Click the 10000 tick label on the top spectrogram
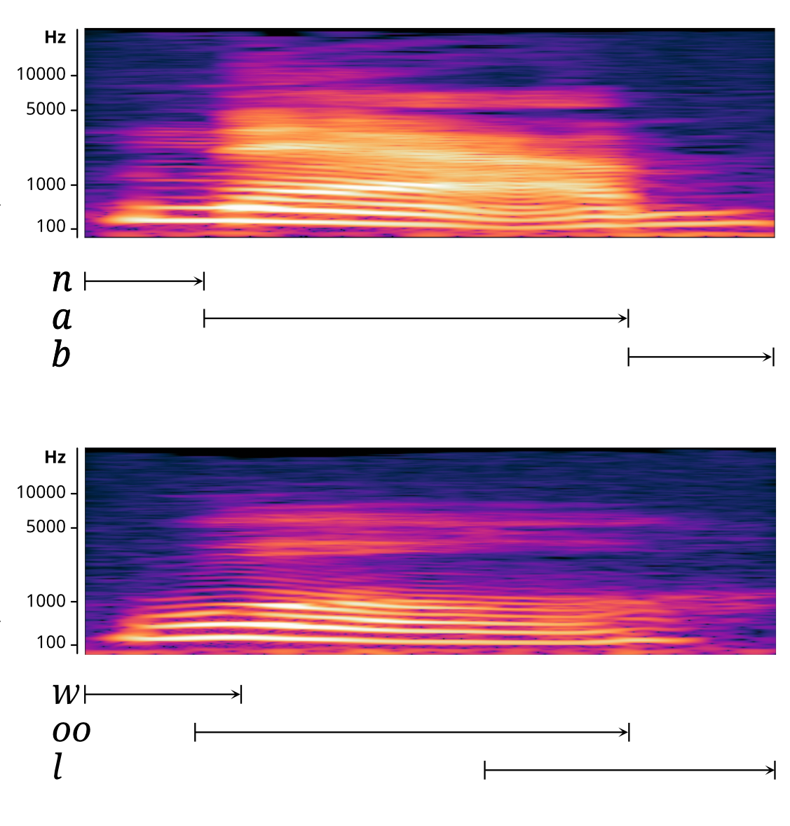[x=41, y=74]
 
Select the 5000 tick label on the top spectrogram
[x=46, y=109]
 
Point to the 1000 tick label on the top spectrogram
[x=46, y=184]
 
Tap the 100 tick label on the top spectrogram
[x=51, y=227]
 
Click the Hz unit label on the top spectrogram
[x=55, y=38]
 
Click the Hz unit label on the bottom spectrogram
[x=55, y=457]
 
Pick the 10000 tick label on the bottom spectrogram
[x=41, y=492]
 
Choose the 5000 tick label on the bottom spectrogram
[x=46, y=527]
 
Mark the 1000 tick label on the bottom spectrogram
[x=46, y=601]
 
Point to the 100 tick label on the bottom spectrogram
[x=51, y=643]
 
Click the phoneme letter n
[x=62, y=280]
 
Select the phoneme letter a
[x=62, y=318]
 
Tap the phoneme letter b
[x=61, y=355]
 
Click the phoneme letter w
[x=67, y=693]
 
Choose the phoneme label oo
[x=71, y=731]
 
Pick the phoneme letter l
[x=57, y=768]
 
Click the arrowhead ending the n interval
[x=200, y=282]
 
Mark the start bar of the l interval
[x=485, y=771]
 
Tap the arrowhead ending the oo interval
[x=625, y=733]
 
